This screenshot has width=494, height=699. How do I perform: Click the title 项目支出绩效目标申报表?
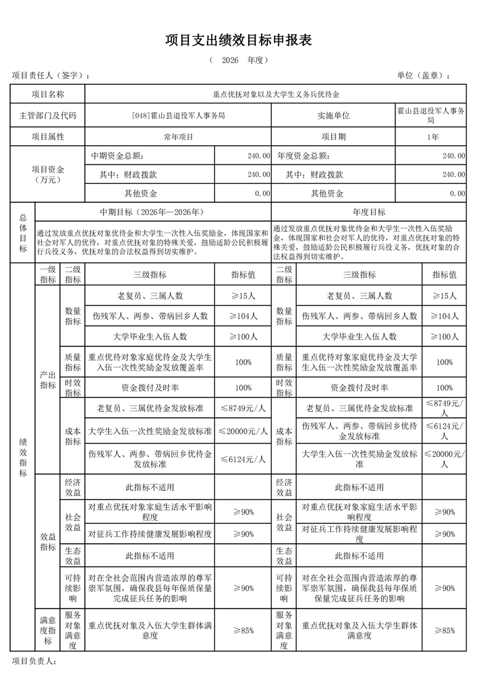coord(247,40)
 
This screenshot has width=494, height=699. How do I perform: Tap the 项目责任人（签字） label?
coord(50,75)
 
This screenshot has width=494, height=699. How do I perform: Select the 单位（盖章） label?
coord(423,75)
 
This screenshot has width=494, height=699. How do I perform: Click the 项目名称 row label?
coord(48,95)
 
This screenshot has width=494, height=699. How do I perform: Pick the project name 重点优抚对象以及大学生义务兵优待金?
coord(275,95)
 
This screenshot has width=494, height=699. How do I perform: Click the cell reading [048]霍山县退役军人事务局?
coord(178,115)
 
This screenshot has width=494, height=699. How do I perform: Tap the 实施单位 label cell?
coord(333,115)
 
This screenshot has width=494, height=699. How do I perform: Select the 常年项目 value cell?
coord(178,136)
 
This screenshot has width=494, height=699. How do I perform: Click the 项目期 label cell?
coord(333,136)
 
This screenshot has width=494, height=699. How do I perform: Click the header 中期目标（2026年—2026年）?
coord(153,212)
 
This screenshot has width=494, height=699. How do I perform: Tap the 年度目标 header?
coord(369,212)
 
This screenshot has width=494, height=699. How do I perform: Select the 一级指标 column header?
coord(47,275)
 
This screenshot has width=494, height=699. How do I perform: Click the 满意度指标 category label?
coord(47,630)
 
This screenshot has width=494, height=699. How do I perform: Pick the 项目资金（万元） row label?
coord(48,174)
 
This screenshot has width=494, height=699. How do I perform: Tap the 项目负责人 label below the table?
coord(34,660)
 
